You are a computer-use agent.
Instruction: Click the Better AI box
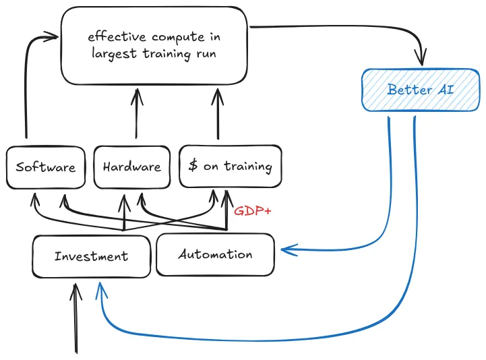coord(421,90)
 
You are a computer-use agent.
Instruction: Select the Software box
coord(46,167)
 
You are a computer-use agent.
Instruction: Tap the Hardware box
coord(132,167)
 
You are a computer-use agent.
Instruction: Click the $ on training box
coord(230,166)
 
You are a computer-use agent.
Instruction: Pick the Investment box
coord(91,256)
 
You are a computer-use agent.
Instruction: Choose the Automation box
coord(215,254)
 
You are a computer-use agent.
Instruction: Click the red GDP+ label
coord(253,211)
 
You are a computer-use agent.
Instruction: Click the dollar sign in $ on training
coord(193,166)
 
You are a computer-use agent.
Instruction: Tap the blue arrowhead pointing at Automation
coord(286,251)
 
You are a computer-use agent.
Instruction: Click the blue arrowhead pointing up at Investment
coord(100,289)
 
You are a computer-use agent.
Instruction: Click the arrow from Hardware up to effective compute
coord(136,115)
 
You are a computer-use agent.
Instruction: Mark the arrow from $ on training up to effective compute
coord(217,115)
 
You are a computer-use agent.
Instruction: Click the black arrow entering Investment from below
coord(75,317)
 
